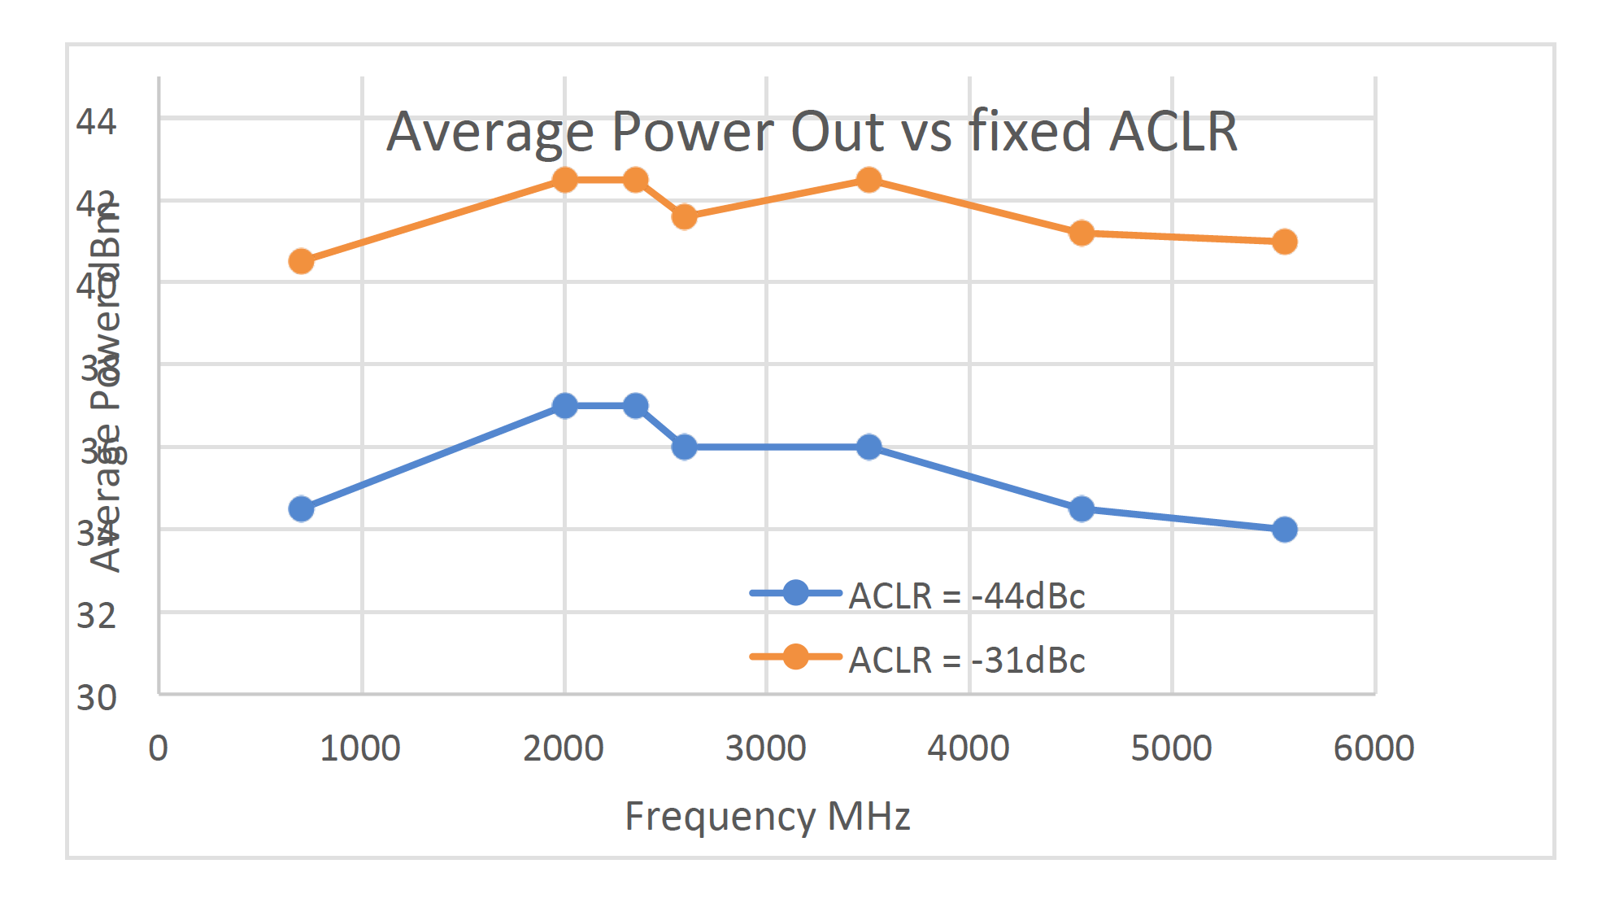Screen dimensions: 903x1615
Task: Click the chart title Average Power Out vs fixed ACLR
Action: [x=812, y=131]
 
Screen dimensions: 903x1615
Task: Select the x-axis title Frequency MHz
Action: [x=767, y=816]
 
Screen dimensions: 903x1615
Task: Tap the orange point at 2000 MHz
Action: [x=564, y=180]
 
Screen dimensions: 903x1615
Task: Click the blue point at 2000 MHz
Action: [x=564, y=405]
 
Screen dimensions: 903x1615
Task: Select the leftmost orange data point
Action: [x=301, y=261]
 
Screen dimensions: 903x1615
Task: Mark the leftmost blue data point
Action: [x=301, y=508]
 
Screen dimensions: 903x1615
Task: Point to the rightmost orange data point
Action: [x=1284, y=242]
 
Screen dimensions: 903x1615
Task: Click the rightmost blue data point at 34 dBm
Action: [x=1284, y=530]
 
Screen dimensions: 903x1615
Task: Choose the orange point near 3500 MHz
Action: [x=868, y=180]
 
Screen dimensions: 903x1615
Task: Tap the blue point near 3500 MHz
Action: [x=868, y=447]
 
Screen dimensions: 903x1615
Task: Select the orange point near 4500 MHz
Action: [x=1081, y=233]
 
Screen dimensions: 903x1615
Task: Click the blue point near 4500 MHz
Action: [x=1081, y=508]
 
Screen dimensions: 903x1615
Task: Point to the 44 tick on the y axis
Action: [x=96, y=122]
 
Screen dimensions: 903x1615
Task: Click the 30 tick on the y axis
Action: [x=96, y=698]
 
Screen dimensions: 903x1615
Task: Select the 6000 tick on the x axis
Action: [x=1373, y=748]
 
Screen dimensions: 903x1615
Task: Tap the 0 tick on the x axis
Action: [x=159, y=748]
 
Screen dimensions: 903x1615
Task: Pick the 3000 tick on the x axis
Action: [x=765, y=748]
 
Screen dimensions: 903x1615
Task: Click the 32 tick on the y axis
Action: [x=96, y=616]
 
